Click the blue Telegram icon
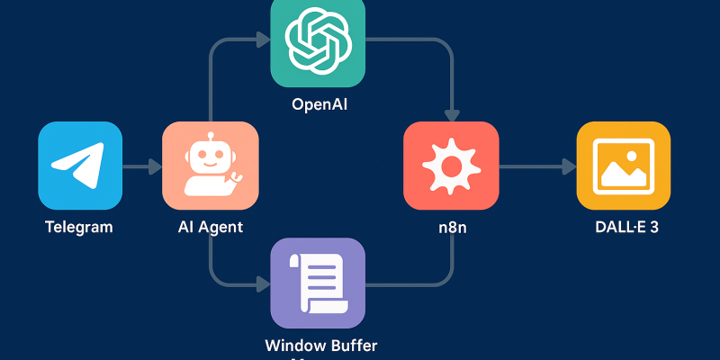(x=80, y=166)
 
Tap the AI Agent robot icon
(x=210, y=166)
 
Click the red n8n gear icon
(x=451, y=166)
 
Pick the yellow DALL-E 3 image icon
(x=623, y=166)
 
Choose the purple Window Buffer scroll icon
(x=318, y=283)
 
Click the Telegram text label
(x=79, y=227)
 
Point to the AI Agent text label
(x=211, y=227)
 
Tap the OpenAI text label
(x=319, y=104)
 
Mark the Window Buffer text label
(x=321, y=345)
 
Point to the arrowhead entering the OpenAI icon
(x=264, y=40)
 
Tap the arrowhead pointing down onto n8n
(x=452, y=114)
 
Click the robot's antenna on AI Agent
(x=210, y=137)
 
